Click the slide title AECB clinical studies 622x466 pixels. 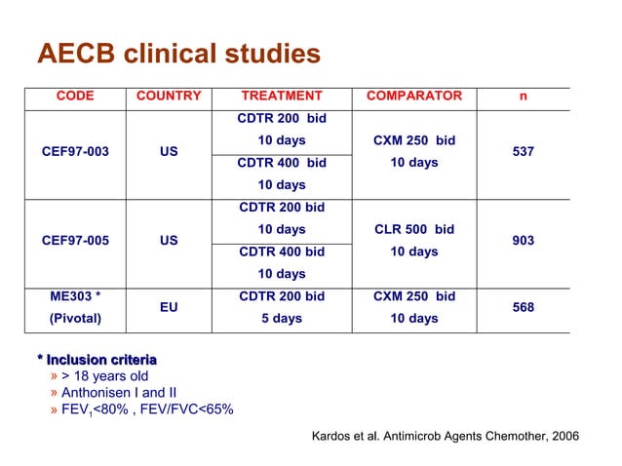(178, 54)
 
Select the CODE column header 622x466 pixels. (75, 96)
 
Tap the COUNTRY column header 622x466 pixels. (169, 96)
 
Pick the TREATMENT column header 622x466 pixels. (282, 96)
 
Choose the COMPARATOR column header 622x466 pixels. (413, 96)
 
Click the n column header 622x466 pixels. (523, 96)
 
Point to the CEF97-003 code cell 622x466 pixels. (75, 152)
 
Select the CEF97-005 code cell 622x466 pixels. (75, 241)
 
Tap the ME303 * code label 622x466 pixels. (75, 296)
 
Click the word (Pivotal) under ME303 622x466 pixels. (75, 319)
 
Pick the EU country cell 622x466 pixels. (169, 307)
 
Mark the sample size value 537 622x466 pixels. (523, 152)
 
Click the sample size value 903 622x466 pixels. (523, 241)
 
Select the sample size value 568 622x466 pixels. (523, 307)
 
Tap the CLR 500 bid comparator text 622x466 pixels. (414, 230)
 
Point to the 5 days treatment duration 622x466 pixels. (282, 319)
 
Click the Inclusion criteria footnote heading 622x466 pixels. (97, 360)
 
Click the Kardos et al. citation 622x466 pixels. (444, 436)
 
